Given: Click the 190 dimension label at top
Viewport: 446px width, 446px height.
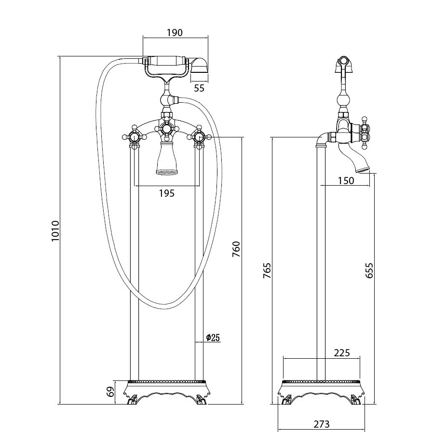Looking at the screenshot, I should click(x=175, y=33).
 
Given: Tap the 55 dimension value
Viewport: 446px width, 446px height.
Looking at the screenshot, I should click(x=199, y=88).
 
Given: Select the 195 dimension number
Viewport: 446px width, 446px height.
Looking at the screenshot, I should click(x=166, y=193).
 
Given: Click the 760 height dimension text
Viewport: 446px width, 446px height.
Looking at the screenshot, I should click(x=236, y=249).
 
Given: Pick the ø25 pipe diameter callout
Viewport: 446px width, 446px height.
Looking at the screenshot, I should click(x=213, y=338).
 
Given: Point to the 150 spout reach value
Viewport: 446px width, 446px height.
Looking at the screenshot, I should click(x=346, y=181).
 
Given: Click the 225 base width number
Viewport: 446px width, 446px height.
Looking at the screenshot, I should click(x=341, y=352).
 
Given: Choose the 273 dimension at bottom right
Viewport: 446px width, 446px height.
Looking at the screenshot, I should click(x=321, y=424).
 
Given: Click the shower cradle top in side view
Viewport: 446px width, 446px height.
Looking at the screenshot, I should click(x=343, y=61).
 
